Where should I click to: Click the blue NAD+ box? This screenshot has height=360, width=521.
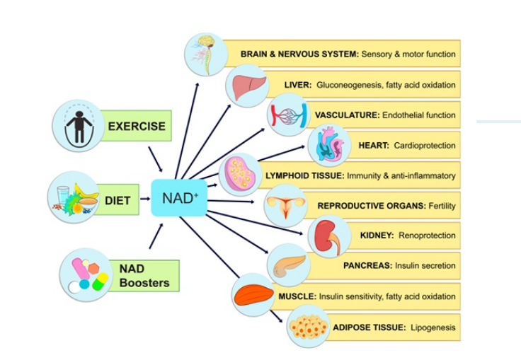tap(179, 197)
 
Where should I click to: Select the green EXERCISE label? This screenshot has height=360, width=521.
tap(137, 127)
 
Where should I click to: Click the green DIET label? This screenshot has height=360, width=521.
tap(118, 201)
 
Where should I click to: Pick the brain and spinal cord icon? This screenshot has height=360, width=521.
tap(205, 53)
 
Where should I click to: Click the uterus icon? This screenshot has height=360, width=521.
tap(286, 206)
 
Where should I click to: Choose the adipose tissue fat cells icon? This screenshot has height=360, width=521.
tap(309, 327)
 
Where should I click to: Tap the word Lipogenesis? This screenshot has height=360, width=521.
tap(433, 327)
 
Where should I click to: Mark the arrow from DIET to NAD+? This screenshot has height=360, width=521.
tap(144, 199)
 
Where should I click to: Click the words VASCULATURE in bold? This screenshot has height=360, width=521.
tap(348, 115)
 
